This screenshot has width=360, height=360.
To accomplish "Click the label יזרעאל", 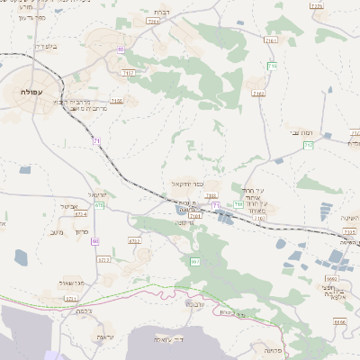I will (98, 194).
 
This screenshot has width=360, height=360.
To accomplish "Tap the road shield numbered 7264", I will (153, 20).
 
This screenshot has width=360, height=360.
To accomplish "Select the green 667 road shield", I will (194, 261).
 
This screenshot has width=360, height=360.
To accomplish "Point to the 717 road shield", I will (309, 145).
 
